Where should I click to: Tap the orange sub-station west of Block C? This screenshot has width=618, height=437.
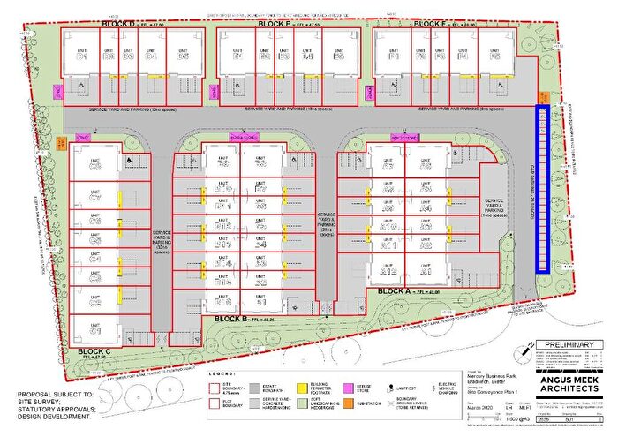click(61, 142)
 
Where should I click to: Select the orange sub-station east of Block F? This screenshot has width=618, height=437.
click(546, 98)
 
